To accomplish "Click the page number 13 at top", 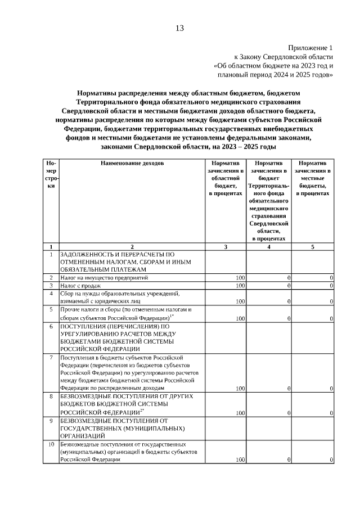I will pos(179,28).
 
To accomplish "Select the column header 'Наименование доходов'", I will pos(132,163).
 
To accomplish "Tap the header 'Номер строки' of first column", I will pos(51,174).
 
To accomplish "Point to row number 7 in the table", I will pos(51,357).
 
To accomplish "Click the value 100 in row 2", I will pos(240,278).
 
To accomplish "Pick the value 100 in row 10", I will pos(240,460).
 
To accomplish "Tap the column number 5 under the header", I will pos(313,247).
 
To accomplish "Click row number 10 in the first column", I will pos(51,444).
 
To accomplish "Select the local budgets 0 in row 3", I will pos(331,286).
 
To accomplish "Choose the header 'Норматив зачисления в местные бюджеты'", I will pos(313,178).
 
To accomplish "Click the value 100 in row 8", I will pos(240,413).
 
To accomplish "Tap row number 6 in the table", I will pos(51,326).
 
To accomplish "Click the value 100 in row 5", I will pos(240,318).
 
